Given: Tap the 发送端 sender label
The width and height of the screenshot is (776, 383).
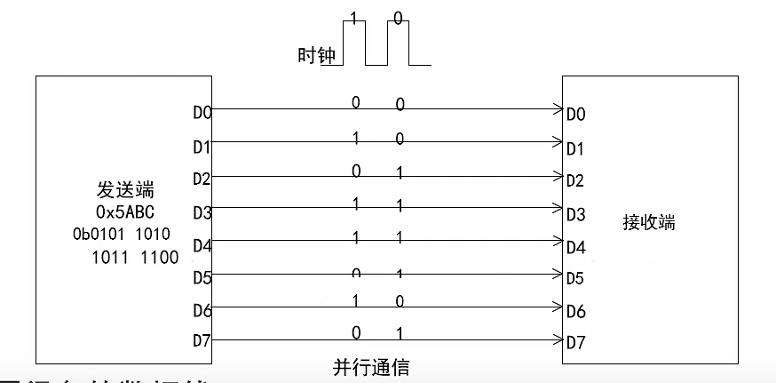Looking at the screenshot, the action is click(125, 189).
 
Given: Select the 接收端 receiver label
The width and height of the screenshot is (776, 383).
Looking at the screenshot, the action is click(649, 222).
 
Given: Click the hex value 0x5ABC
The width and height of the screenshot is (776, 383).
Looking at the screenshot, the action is click(125, 212).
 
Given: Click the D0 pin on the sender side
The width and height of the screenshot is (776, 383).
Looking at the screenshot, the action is click(202, 113).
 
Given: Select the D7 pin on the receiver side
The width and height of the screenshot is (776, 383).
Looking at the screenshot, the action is click(576, 342).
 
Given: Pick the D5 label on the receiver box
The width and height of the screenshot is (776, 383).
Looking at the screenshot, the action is click(576, 278).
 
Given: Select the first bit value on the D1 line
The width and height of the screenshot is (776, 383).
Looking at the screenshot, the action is click(356, 138).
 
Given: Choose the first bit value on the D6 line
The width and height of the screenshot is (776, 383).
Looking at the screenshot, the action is click(356, 300).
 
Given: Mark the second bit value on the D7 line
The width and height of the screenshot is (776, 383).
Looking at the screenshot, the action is click(400, 333).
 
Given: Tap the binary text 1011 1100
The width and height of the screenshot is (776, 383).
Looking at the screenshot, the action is click(134, 258).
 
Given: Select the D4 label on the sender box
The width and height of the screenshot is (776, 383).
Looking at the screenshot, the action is click(202, 244).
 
